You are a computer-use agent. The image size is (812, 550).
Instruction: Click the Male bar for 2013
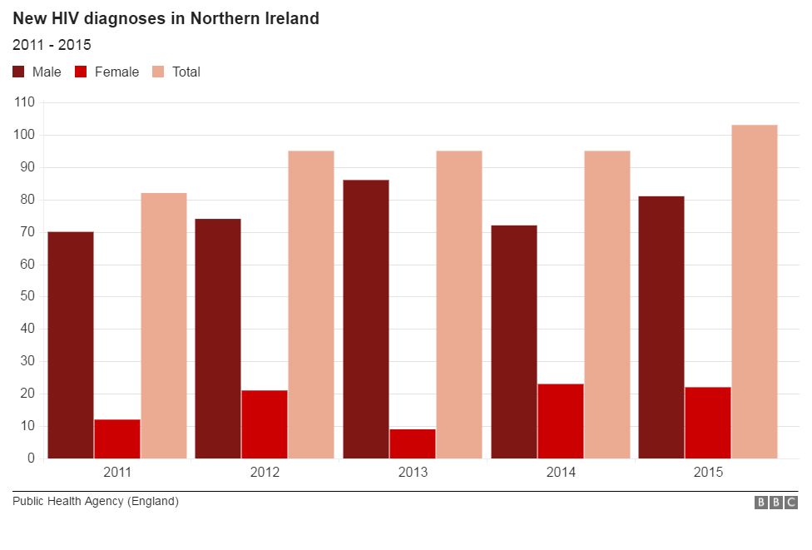pos(366,319)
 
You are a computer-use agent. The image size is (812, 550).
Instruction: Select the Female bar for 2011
pos(117,439)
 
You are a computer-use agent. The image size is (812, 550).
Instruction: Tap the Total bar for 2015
pos(755,291)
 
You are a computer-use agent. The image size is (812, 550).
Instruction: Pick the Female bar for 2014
pos(561,421)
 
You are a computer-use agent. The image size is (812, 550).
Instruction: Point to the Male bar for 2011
pos(71,344)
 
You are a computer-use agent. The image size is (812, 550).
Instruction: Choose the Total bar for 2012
pos(311,305)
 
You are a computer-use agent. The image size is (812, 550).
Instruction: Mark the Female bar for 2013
pos(413,443)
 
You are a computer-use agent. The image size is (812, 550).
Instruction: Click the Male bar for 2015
pos(661,327)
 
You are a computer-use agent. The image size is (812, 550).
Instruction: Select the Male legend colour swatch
pos(19,72)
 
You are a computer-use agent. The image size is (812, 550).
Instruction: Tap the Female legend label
pos(116,72)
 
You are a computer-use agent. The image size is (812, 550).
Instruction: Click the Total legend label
pos(186,72)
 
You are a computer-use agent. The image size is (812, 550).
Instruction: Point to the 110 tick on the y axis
pos(24,102)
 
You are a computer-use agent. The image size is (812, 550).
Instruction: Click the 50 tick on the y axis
pos(27,296)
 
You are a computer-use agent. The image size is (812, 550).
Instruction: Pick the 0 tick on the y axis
pos(31,458)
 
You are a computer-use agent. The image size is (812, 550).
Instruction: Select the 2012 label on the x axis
pos(265,473)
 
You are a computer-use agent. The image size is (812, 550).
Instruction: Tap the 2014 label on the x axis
pos(561,473)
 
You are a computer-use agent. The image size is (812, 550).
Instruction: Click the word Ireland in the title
pos(289,18)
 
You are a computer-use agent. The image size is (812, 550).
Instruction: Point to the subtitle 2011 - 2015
pos(52,45)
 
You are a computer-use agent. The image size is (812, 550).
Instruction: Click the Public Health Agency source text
pos(96,502)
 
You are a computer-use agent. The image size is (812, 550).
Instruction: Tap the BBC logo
pos(775,503)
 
